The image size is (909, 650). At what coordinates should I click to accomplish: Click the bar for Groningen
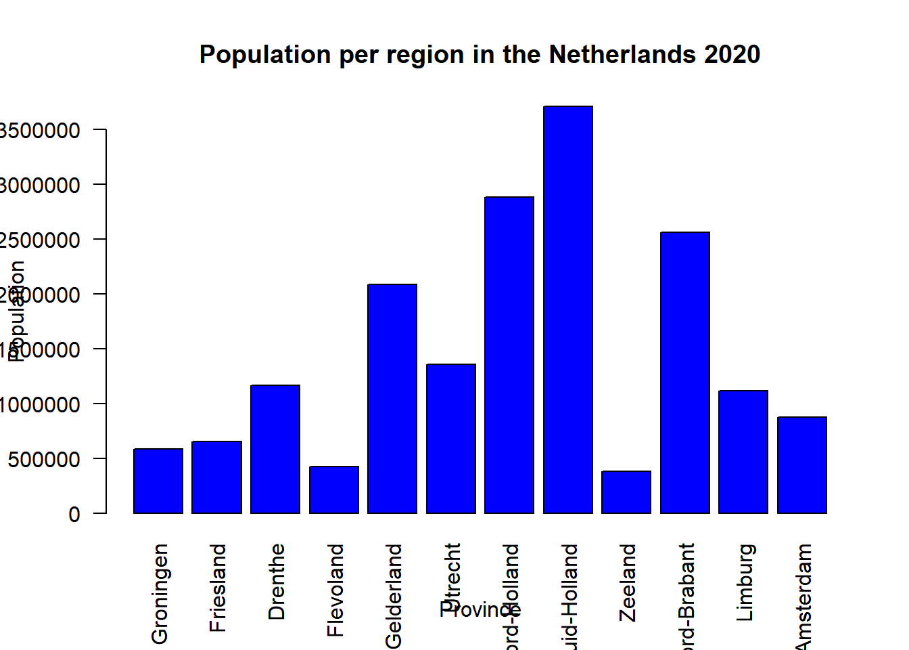coord(158,481)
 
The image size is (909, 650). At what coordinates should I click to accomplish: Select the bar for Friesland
coord(216,477)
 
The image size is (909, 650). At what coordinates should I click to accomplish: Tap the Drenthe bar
coord(275,449)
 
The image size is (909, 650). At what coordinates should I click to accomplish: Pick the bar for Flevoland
coord(334,490)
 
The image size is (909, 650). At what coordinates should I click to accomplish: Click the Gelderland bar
coord(392,399)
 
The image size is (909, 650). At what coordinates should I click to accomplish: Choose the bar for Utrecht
coord(451,439)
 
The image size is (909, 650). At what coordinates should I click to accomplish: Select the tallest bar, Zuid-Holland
coord(568,309)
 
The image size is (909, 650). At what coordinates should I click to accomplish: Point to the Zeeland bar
coord(626,492)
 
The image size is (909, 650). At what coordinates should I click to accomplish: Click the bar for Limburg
coord(743,452)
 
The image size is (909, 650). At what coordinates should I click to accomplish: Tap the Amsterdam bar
coord(802,465)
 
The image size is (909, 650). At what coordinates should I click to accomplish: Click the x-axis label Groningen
coord(160,593)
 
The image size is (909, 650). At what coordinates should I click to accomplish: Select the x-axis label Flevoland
coord(335,590)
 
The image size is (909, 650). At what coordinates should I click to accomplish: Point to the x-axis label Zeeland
coord(628,582)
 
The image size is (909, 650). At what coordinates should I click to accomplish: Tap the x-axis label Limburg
coord(745,582)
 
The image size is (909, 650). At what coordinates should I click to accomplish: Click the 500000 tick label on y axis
coord(43,460)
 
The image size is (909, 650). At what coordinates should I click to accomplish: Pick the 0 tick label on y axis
coord(74,515)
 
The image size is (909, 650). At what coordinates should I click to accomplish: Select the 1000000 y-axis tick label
coord(40,405)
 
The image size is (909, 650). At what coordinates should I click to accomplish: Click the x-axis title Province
coord(480,610)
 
